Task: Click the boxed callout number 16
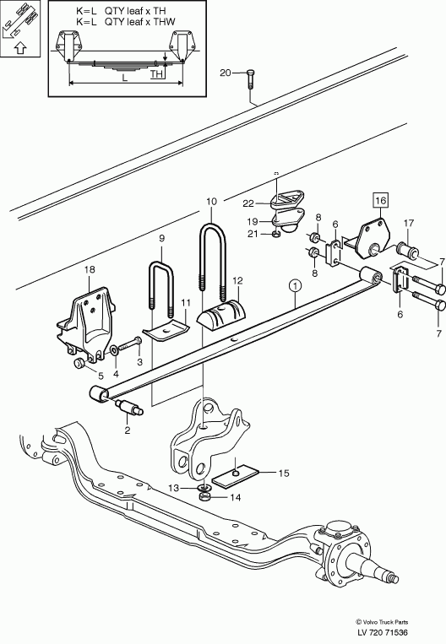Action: click(x=381, y=200)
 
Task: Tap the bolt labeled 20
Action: click(x=251, y=78)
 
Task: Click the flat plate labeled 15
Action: click(x=235, y=474)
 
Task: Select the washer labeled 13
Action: click(x=204, y=488)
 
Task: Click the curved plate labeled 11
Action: click(x=166, y=330)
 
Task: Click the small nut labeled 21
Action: click(x=277, y=235)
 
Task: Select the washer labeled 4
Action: click(x=113, y=350)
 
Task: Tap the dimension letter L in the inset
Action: click(x=125, y=77)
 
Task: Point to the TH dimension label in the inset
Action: click(x=156, y=74)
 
